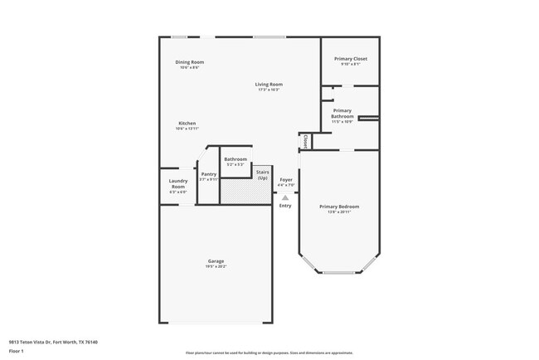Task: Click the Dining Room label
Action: (189, 62)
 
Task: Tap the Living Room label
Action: (269, 84)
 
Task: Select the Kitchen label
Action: (187, 124)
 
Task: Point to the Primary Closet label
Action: (350, 59)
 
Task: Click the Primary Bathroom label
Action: (342, 114)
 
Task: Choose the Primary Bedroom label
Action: (339, 207)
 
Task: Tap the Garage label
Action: (216, 261)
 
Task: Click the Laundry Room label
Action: (178, 183)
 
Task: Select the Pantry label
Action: (208, 174)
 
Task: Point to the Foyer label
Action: (286, 179)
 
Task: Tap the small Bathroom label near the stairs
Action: (236, 159)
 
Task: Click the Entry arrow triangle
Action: (285, 197)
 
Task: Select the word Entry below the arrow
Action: (285, 206)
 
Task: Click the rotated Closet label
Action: (305, 142)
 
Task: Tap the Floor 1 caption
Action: (17, 352)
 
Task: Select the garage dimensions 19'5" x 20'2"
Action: (216, 266)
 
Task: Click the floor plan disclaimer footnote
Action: (269, 352)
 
